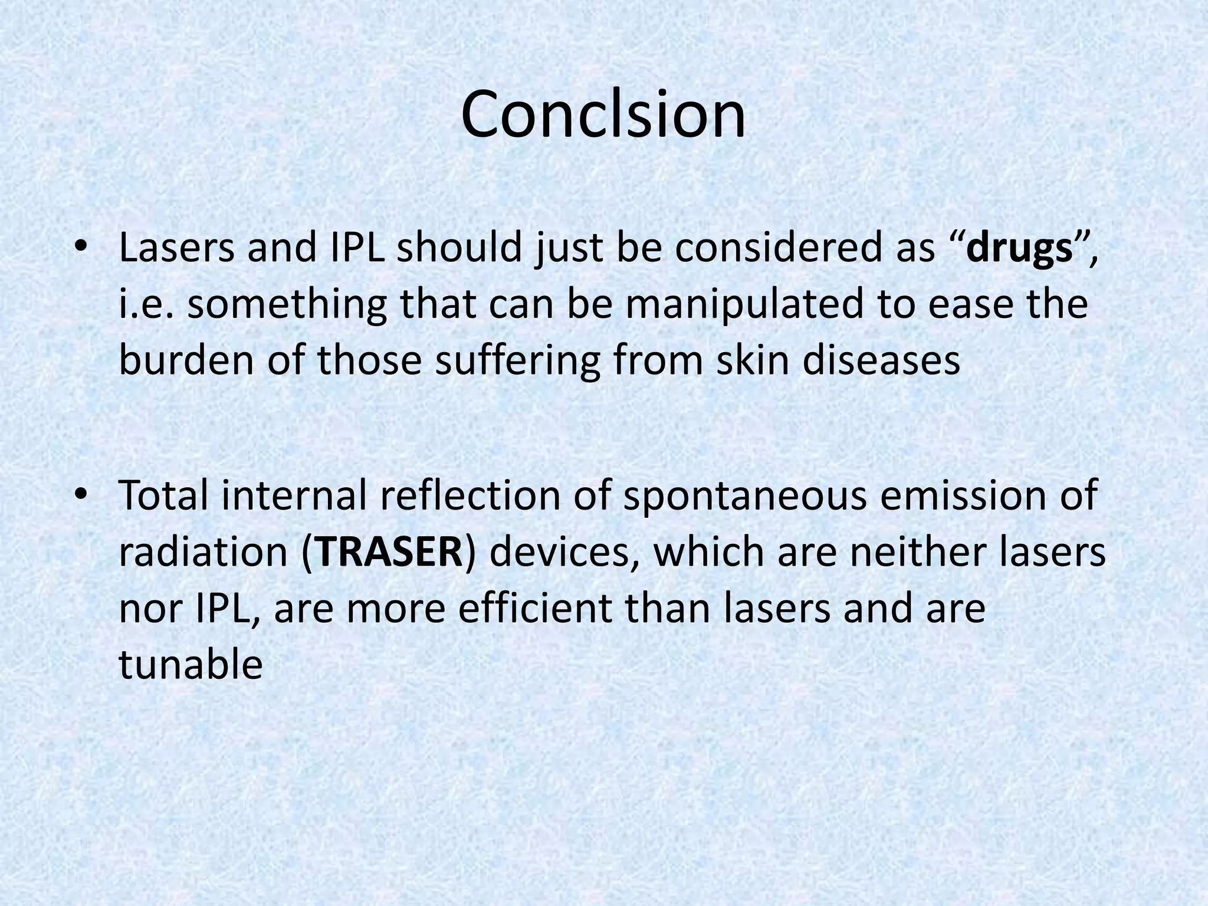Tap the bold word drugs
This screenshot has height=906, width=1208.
click(x=1019, y=249)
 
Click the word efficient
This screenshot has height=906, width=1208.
click(x=534, y=609)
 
